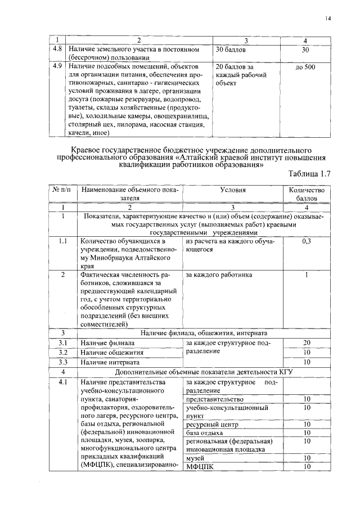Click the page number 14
pos(328,19)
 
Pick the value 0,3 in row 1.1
pos(307,241)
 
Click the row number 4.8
pos(57,49)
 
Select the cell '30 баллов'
pos(231,49)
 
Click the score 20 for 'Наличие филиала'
pos(307,343)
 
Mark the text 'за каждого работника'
pos(219,275)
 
